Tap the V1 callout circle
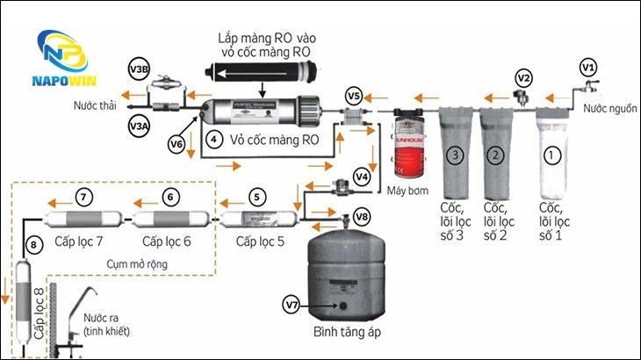coord(588,66)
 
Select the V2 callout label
coord(523,78)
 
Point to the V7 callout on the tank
coord(292,304)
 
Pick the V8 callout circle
coord(362,215)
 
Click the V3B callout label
coord(139,70)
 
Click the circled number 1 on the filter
coord(552,155)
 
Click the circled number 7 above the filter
coord(83,197)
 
